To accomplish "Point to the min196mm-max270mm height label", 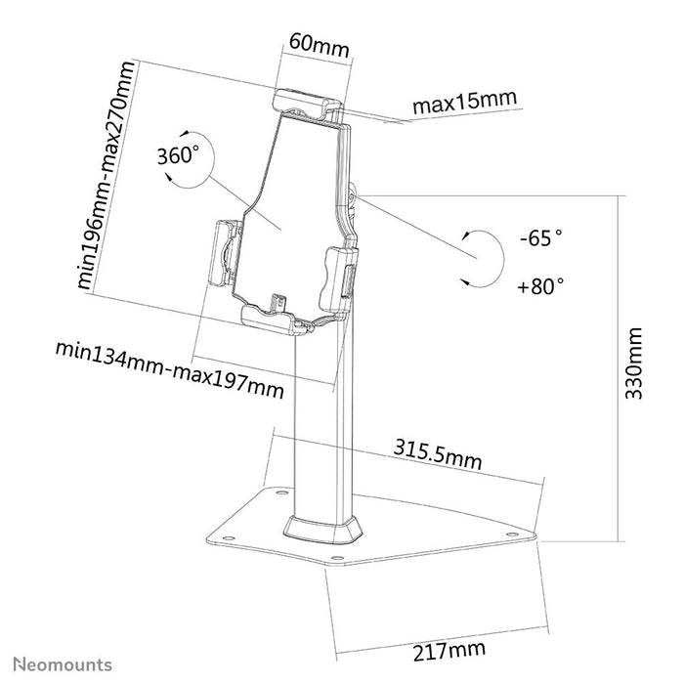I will point(106,176).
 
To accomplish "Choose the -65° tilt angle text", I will point(540,237).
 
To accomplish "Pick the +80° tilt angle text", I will point(540,286).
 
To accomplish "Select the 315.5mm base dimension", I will point(439,454).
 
